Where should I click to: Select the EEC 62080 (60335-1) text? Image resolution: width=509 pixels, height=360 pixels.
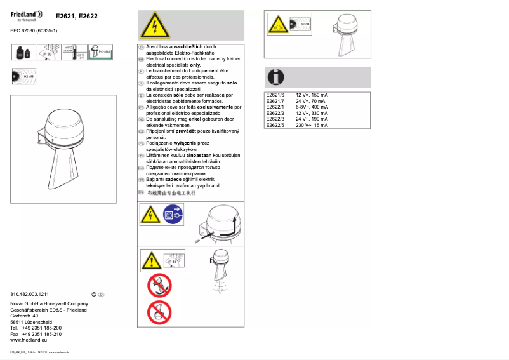coord(34,30)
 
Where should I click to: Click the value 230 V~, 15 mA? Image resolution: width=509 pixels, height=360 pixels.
coord(312,125)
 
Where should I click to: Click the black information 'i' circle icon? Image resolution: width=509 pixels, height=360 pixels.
coord(275,77)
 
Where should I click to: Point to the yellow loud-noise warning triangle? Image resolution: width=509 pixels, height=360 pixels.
coord(277,25)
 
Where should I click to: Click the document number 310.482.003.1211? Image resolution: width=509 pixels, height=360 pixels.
coord(30,295)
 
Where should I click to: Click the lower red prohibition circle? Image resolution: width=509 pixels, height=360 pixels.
coord(159,312)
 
